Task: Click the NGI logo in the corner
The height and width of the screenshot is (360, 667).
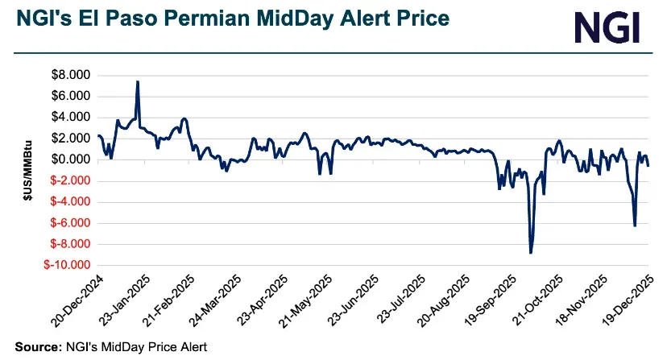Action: [607, 27]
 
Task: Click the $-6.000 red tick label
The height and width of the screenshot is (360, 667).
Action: [70, 223]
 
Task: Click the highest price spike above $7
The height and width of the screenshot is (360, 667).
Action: [138, 82]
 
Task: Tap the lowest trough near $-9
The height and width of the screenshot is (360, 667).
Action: [530, 252]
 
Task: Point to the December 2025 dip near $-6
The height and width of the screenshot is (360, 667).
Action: [635, 225]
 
